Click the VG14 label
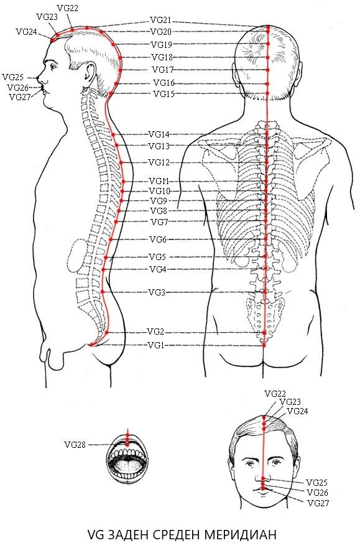[x=159, y=134]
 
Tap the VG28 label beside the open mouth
[x=75, y=445]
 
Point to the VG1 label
[x=156, y=345]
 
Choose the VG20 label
[x=161, y=32]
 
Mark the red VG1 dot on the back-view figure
[x=264, y=345]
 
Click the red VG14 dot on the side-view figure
[x=113, y=134]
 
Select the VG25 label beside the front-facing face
[x=316, y=483]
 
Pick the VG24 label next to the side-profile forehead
[x=26, y=32]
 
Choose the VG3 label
[x=157, y=292]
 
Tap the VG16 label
[x=164, y=83]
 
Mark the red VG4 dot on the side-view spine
[x=103, y=269]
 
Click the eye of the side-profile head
[x=51, y=65]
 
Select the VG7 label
[x=159, y=222]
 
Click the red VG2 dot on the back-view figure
[x=264, y=332]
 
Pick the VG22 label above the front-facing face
[x=275, y=393]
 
